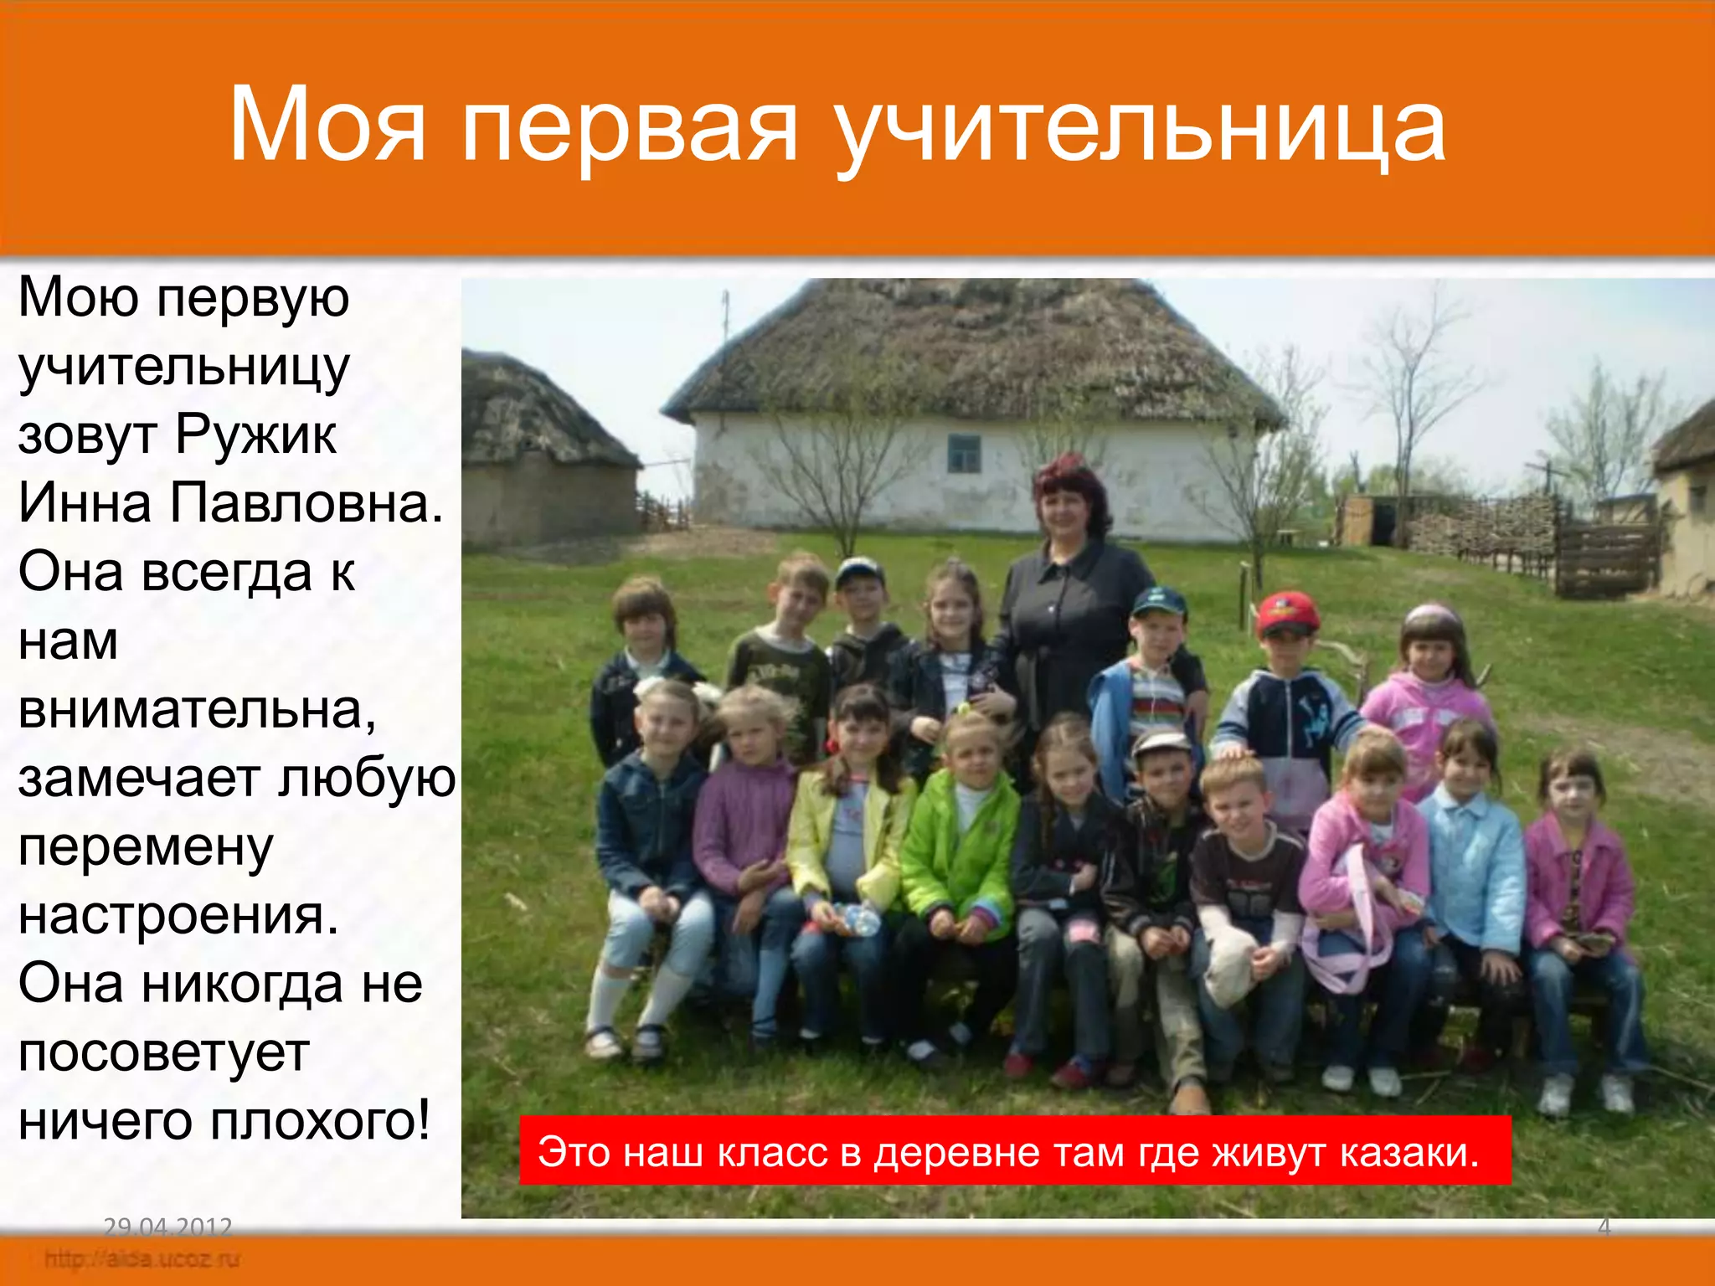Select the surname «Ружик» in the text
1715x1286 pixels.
pyautogui.click(x=255, y=435)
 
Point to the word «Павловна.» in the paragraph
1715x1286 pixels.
pyautogui.click(x=306, y=504)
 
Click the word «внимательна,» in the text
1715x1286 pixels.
pyautogui.click(x=197, y=710)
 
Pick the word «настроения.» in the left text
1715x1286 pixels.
pyautogui.click(x=178, y=916)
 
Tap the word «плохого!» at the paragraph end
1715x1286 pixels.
pyautogui.click(x=321, y=1122)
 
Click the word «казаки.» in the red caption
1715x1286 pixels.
pyautogui.click(x=1409, y=1153)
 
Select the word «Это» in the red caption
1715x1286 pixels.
pyautogui.click(x=574, y=1153)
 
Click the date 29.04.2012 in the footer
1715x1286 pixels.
pyautogui.click(x=167, y=1227)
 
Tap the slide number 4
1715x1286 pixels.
pyautogui.click(x=1604, y=1227)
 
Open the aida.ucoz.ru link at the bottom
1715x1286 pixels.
pyautogui.click(x=142, y=1258)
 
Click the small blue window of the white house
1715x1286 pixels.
pyautogui.click(x=965, y=453)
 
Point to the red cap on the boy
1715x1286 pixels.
pyautogui.click(x=1286, y=611)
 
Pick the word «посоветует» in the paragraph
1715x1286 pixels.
pyautogui.click(x=164, y=1053)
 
